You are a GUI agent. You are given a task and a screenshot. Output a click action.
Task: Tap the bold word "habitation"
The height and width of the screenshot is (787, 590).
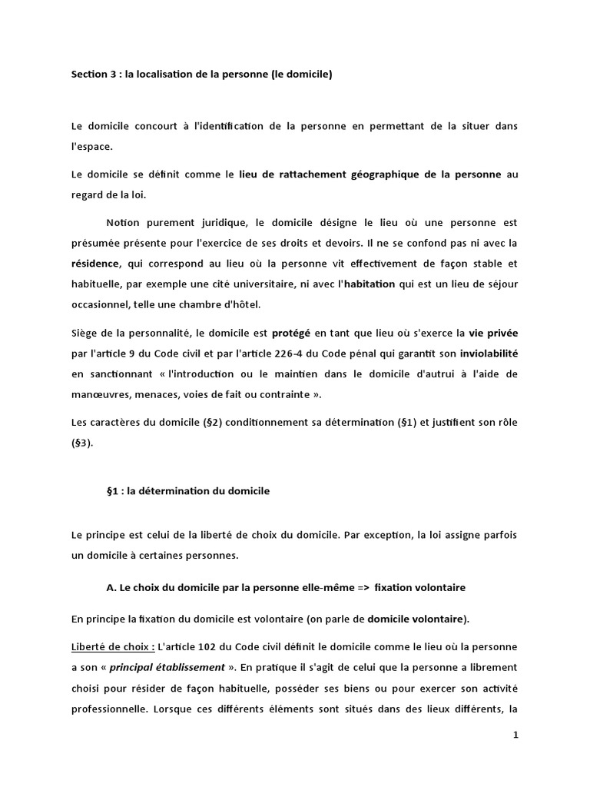click(370, 284)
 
